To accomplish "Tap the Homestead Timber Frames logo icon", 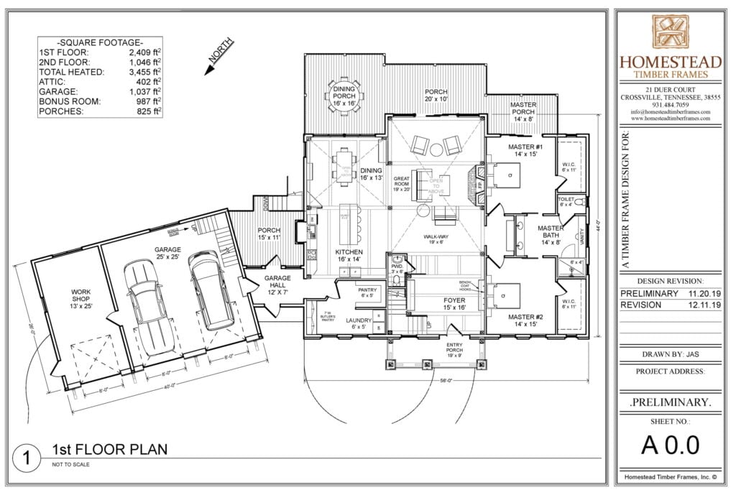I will click(671, 33).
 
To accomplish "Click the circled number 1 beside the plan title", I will click(26, 458).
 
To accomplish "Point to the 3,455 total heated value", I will click(144, 72).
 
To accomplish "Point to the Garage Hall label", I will click(277, 282).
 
